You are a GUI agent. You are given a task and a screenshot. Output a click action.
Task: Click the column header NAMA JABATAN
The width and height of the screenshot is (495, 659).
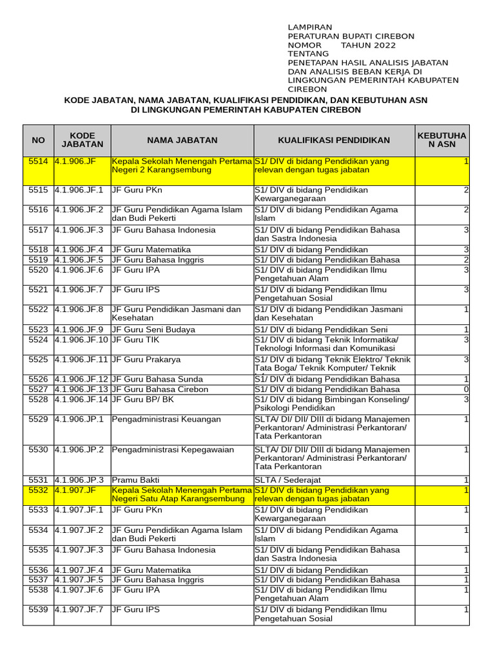182,140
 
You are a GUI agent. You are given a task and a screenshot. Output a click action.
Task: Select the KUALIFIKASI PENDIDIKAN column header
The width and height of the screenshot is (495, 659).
334,140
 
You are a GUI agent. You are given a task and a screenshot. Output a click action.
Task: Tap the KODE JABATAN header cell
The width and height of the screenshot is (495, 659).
82,140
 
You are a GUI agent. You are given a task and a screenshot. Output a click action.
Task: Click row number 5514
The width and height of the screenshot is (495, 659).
39,161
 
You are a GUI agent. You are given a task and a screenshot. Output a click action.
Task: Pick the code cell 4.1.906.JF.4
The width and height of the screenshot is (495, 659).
79,250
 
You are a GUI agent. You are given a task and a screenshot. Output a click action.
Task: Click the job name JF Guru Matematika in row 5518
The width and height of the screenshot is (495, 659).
151,250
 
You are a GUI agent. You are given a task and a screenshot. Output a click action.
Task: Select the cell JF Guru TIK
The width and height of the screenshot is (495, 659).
137,339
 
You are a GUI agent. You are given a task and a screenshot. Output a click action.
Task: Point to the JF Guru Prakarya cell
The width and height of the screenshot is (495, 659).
146,359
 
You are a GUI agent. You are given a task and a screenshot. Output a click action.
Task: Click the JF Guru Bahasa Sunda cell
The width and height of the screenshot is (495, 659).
158,380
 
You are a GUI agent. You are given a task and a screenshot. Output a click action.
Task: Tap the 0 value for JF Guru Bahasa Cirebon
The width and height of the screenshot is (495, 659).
466,389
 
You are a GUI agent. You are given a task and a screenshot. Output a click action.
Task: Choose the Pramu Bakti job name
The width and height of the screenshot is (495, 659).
136,480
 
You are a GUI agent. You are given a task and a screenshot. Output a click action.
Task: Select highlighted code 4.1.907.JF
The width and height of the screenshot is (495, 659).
75,490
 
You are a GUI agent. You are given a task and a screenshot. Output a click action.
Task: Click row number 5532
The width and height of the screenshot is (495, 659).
39,490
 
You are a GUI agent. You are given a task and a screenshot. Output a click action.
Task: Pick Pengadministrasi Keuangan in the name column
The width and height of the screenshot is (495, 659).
166,420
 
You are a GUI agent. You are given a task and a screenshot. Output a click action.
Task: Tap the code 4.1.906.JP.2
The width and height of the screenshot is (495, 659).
79,450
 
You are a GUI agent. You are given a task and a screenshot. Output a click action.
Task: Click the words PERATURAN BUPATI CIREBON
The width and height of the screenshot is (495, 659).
351,36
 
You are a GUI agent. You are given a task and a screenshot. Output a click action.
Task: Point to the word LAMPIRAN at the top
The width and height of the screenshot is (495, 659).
310,27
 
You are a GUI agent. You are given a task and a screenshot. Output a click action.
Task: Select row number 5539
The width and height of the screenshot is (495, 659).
39,609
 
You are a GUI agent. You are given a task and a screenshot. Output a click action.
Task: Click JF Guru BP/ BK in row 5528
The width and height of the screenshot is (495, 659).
143,400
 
